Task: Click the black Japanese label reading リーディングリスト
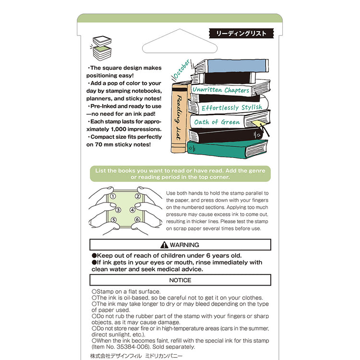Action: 240,34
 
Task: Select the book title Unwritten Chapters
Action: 221,90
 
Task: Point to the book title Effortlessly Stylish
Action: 231,108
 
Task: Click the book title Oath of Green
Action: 216,122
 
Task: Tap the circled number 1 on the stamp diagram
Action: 112,196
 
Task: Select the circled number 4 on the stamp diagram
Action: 132,210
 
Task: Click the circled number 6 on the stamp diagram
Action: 137,220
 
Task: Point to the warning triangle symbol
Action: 162,245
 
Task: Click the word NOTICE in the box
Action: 180,280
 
